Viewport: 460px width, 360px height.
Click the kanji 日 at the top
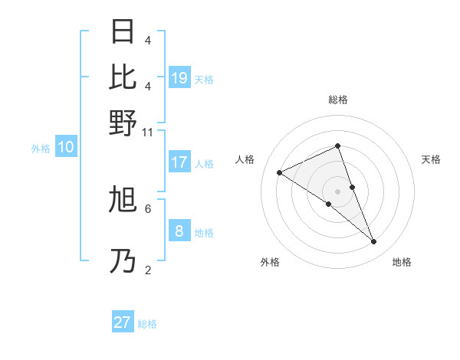coord(123,32)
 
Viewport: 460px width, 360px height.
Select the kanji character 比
coord(123,77)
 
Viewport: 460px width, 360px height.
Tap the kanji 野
coord(123,122)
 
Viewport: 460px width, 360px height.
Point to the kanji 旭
coord(123,201)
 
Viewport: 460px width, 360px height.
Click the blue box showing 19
coord(179,77)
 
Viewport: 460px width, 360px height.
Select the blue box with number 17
coord(179,162)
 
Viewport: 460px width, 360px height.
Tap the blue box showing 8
coord(179,231)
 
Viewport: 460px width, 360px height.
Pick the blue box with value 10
coord(66,148)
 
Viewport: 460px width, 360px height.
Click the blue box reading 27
coord(123,322)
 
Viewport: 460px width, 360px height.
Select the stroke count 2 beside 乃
coord(147,270)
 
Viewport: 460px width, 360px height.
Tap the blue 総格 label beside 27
coord(147,324)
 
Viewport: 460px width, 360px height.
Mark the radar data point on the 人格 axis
coord(279,172)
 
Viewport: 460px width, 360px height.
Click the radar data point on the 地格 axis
coord(374,242)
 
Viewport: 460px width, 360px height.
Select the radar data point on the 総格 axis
coord(337,146)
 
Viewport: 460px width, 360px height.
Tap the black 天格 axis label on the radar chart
coord(431,159)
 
